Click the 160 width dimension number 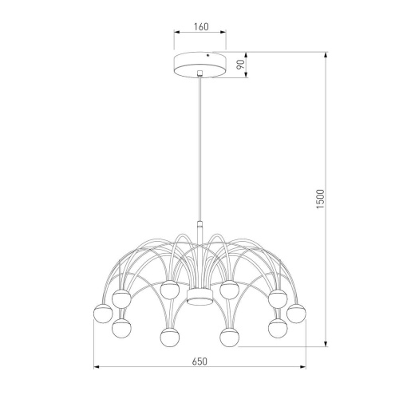coord(199,27)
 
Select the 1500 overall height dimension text coord(320,199)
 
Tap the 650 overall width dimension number coord(199,361)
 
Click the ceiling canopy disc coord(199,65)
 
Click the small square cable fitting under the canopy coord(199,75)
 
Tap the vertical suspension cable coord(199,152)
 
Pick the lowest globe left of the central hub coord(168,338)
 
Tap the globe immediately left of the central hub coord(168,290)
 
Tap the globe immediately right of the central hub coord(231,290)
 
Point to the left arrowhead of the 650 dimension coord(98,368)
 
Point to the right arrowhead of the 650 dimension coord(302,368)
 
